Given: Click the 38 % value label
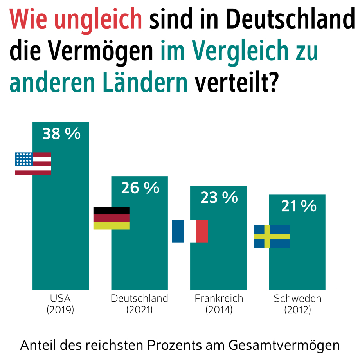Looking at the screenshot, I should pyautogui.click(x=61, y=134).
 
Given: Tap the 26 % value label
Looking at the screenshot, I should pyautogui.click(x=140, y=188).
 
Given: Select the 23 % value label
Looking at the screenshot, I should pyautogui.click(x=219, y=198).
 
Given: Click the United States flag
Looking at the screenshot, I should pyautogui.click(x=33, y=164).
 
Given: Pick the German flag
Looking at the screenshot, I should pyautogui.click(x=111, y=218).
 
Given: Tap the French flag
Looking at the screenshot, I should pyautogui.click(x=190, y=231).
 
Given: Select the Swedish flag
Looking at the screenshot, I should pyautogui.click(x=272, y=237).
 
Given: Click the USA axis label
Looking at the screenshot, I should pyautogui.click(x=60, y=299).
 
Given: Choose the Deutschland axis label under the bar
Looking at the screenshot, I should pyautogui.click(x=139, y=299).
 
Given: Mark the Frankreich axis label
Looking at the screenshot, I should pyautogui.click(x=219, y=299).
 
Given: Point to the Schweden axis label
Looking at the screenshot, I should pyautogui.click(x=297, y=299).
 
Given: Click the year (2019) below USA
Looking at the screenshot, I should pyautogui.click(x=60, y=310).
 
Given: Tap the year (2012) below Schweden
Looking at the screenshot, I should pyautogui.click(x=297, y=310).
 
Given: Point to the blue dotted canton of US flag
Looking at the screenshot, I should pyautogui.click(x=23, y=159).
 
